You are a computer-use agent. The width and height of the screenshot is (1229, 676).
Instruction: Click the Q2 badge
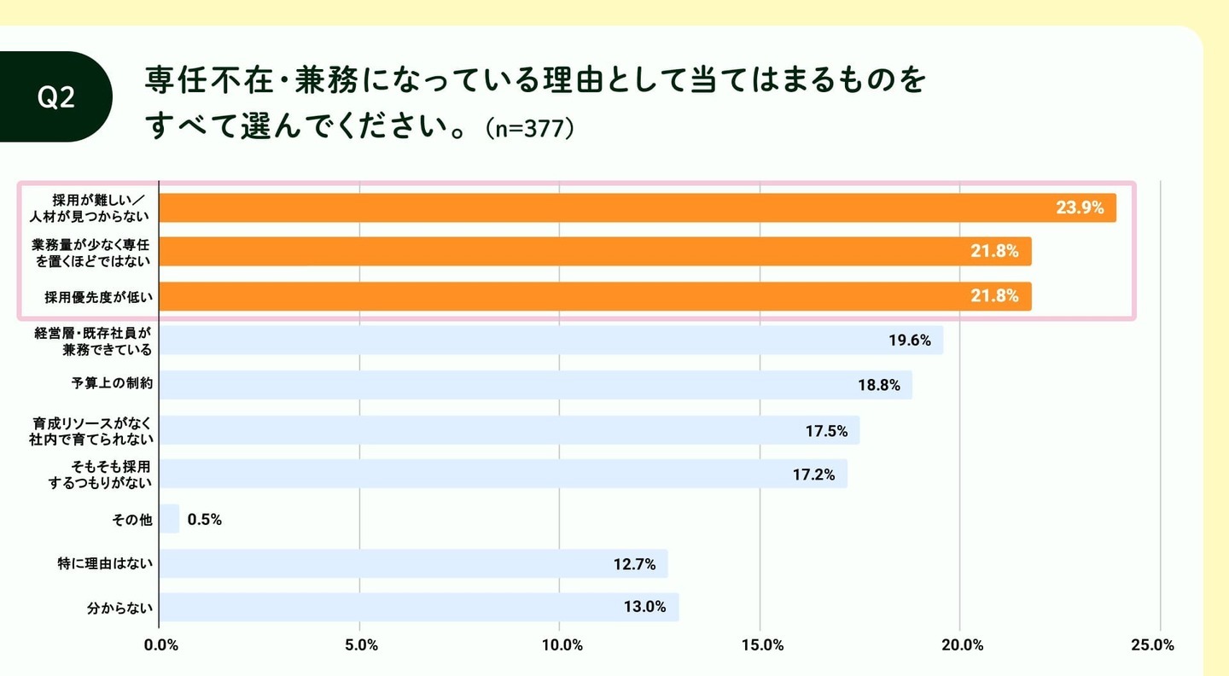click(x=56, y=97)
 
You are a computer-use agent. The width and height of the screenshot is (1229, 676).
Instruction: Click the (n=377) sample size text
click(x=529, y=129)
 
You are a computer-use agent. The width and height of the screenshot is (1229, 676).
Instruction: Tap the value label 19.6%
click(x=909, y=340)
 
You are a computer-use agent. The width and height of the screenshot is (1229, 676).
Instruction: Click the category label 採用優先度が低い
click(x=99, y=297)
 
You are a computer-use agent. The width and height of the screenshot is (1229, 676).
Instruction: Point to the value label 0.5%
click(x=205, y=519)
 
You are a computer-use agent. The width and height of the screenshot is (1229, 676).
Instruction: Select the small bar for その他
click(x=169, y=519)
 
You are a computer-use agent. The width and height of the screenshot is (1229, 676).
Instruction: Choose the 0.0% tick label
click(x=161, y=645)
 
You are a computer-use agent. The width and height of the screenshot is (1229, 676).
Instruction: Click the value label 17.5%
click(x=826, y=431)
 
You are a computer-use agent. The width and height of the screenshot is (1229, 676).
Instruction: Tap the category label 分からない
click(x=120, y=609)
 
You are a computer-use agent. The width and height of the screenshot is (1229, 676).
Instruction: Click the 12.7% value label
click(x=634, y=564)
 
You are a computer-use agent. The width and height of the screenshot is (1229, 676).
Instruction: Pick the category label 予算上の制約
click(x=112, y=385)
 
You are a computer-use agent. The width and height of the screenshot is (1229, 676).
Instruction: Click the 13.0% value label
click(x=644, y=608)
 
